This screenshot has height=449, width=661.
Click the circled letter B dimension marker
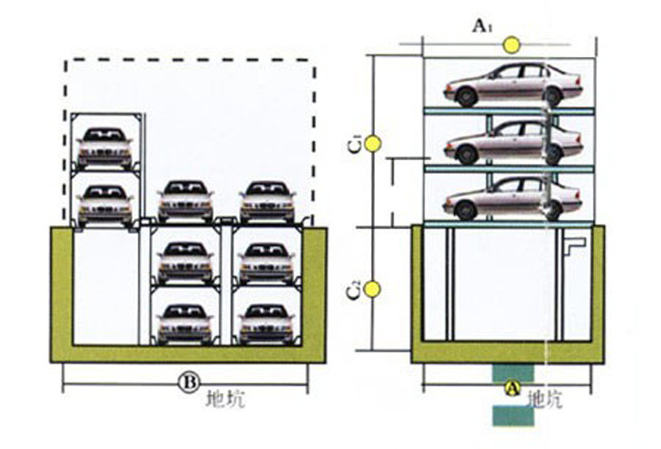pyautogui.click(x=188, y=383)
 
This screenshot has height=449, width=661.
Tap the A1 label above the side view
pyautogui.click(x=483, y=26)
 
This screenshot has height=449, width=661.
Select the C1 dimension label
pyautogui.click(x=356, y=145)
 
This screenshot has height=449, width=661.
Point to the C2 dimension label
pyautogui.click(x=356, y=289)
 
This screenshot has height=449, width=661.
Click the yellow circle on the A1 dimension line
pyautogui.click(x=513, y=45)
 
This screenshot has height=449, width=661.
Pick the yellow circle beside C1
pyautogui.click(x=373, y=144)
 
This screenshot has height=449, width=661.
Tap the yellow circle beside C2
pyautogui.click(x=373, y=289)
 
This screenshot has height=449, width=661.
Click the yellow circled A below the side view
pyautogui.click(x=513, y=388)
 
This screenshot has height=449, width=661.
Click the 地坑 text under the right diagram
pyautogui.click(x=545, y=399)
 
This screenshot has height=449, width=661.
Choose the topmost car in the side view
pyautogui.click(x=513, y=85)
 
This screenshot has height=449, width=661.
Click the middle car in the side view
pyautogui.click(x=513, y=142)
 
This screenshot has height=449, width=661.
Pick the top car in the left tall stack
pyautogui.click(x=104, y=148)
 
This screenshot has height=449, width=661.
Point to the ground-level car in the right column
pyautogui.click(x=268, y=202)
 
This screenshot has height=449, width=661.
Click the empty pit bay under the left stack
pyautogui.click(x=106, y=287)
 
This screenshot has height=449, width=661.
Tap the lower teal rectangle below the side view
pyautogui.click(x=513, y=416)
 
